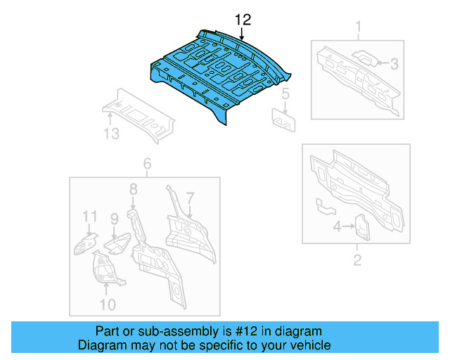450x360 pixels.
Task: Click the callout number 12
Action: click(x=242, y=20)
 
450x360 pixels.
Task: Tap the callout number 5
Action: click(x=285, y=94)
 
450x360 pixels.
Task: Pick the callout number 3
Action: click(x=394, y=64)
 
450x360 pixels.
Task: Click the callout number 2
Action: click(x=357, y=261)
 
